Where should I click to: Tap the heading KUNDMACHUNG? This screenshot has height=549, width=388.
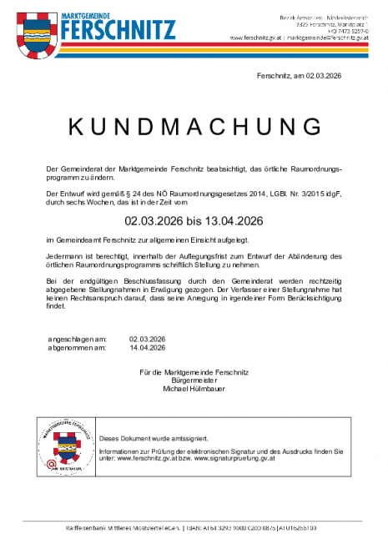pos(194,126)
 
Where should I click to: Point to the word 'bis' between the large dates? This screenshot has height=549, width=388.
pos(194,221)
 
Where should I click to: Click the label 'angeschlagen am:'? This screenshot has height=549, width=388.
pos(78,340)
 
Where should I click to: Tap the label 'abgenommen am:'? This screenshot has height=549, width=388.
pos(78,348)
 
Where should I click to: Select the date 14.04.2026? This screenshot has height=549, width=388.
pos(149,348)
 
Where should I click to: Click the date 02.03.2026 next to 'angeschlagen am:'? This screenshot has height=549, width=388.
pos(149,340)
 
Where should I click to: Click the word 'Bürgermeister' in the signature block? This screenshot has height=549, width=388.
pos(194,379)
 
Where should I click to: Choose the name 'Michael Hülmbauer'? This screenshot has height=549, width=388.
pos(194,387)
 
